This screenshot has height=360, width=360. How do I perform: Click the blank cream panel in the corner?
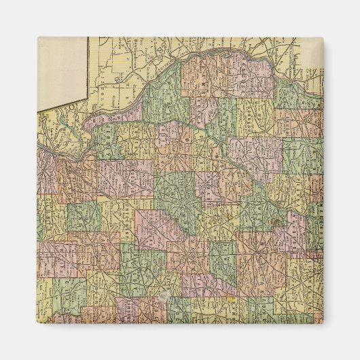point(61,71)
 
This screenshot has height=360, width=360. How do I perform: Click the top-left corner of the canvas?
point(37,37)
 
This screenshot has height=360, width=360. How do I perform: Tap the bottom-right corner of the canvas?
point(323,323)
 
